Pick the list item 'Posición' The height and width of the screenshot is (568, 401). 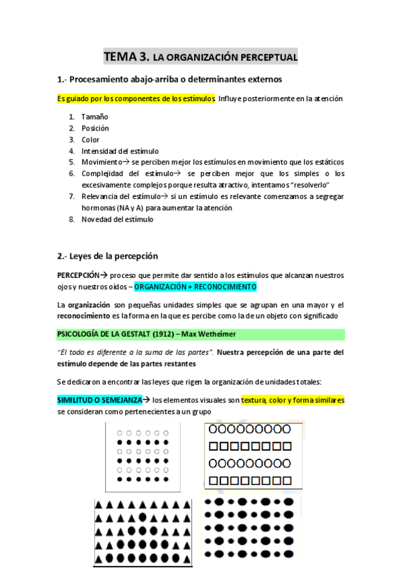point(95,128)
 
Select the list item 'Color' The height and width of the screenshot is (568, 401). point(90,139)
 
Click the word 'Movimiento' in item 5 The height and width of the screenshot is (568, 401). point(100,162)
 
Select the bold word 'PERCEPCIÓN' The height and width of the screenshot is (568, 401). point(78,275)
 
